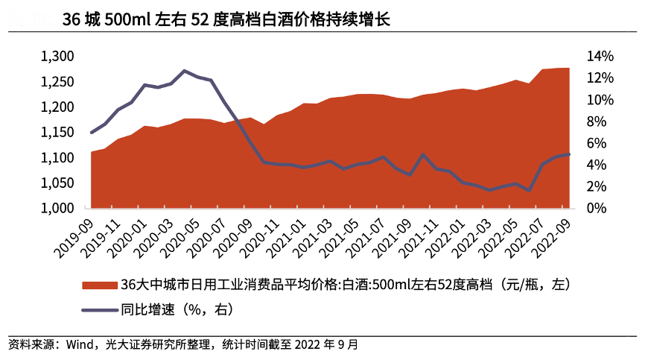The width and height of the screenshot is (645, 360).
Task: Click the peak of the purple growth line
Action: tap(184, 71)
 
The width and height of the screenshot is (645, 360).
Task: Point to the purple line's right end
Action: tap(569, 154)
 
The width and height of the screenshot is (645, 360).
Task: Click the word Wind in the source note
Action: tap(77, 345)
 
